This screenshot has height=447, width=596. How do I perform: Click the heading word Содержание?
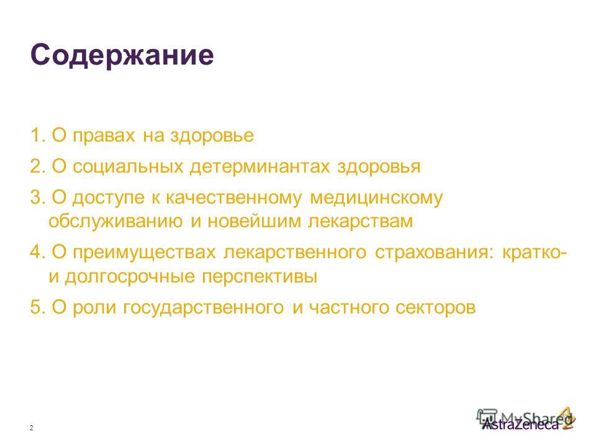(x=122, y=56)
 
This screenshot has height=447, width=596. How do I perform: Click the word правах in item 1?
(x=104, y=137)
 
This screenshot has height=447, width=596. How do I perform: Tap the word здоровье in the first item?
(x=212, y=136)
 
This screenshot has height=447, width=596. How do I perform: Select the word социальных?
(x=129, y=167)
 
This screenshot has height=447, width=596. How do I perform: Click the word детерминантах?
(x=260, y=167)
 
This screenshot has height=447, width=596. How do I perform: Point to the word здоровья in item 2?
(x=379, y=167)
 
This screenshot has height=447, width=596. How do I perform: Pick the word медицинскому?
(x=376, y=199)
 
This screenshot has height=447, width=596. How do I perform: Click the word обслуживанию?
(x=115, y=221)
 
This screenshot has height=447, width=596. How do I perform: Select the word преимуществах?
(x=144, y=253)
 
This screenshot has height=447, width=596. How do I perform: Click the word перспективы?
(x=260, y=278)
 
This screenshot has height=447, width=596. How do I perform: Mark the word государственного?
(x=204, y=308)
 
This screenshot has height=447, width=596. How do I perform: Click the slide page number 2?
(x=32, y=428)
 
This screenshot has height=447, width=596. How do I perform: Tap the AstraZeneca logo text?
(x=521, y=424)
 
